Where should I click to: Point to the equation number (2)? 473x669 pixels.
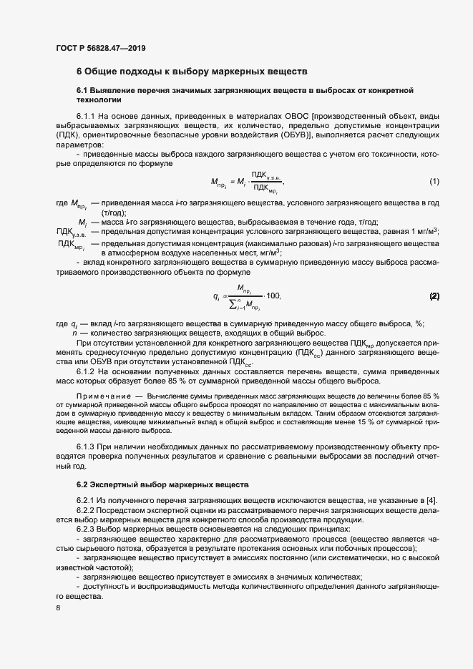click(434, 296)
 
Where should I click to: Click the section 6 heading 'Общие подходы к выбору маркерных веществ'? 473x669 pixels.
click(191, 72)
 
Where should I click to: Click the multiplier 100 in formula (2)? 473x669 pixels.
click(272, 296)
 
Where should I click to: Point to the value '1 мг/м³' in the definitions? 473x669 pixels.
click(424, 231)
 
